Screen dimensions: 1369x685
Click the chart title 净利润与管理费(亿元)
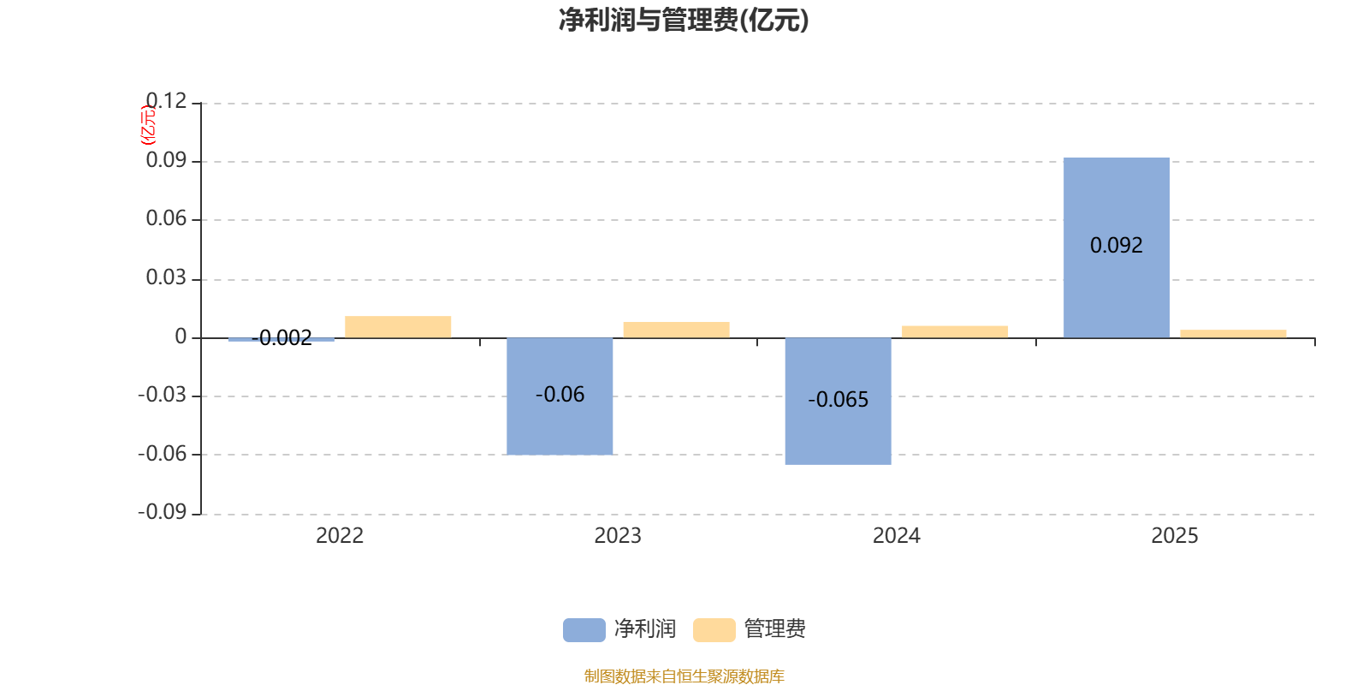pos(684,21)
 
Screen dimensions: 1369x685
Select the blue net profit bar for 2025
pos(1116,247)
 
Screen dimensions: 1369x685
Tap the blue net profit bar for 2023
pos(560,396)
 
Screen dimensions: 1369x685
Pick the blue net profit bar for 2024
pos(838,402)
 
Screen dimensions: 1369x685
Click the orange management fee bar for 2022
pos(398,327)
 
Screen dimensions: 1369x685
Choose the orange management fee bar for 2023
pos(677,331)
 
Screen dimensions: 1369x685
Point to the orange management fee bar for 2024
pos(955,332)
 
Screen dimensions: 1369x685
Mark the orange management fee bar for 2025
pos(1233,334)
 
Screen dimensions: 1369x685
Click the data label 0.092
pos(1116,245)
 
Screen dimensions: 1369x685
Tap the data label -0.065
pos(838,399)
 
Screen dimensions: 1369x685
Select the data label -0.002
pos(282,337)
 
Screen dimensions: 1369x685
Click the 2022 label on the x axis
pos(340,536)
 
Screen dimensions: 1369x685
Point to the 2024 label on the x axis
pos(897,536)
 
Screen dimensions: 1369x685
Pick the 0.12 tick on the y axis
pos(166,101)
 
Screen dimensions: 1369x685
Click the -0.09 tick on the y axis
pos(162,512)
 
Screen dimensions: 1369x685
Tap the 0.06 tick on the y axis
pos(166,218)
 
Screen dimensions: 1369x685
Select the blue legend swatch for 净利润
pos(584,630)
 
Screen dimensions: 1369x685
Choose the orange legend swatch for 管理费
pos(714,630)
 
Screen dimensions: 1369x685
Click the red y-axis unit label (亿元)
pos(148,125)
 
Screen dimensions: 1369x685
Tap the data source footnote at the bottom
pos(684,676)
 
